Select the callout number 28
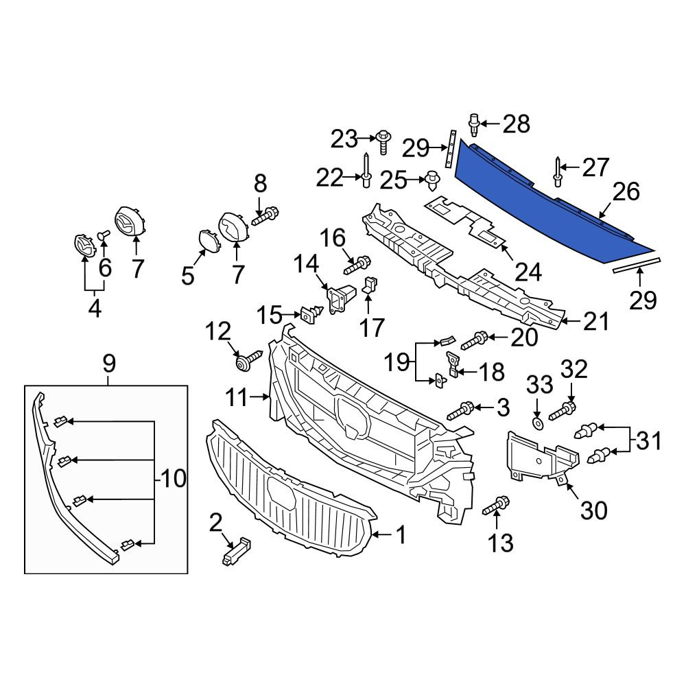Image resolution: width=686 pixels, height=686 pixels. (517, 123)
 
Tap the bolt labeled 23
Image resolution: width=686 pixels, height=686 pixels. (383, 142)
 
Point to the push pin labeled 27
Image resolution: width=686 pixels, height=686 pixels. (557, 171)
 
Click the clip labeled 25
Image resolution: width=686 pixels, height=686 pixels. (432, 180)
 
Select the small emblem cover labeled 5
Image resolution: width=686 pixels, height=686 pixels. (206, 239)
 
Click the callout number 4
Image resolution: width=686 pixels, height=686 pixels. (95, 309)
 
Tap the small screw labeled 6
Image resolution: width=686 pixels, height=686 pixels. (104, 235)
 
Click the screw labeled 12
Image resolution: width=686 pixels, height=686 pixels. (248, 360)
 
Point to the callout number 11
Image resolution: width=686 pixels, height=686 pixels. (238, 398)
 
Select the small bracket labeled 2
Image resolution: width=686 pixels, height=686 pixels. (236, 552)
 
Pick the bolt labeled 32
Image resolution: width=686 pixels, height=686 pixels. (563, 410)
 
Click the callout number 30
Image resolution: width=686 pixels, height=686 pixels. (593, 510)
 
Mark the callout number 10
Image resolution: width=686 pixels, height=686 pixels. (174, 478)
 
